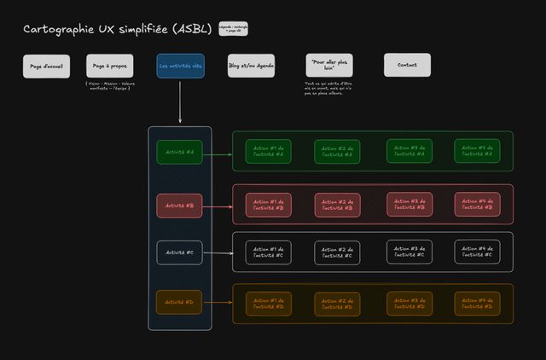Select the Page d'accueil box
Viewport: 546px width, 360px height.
pos(46,66)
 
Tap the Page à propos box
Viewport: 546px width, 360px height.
pos(109,66)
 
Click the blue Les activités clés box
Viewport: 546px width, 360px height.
pos(180,66)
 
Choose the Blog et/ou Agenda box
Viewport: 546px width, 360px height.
pos(251,66)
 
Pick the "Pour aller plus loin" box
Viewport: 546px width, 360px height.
pos(328,66)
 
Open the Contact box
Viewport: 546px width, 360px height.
pos(407,65)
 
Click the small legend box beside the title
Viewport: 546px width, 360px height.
pos(233,29)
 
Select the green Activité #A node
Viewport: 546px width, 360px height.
pos(180,152)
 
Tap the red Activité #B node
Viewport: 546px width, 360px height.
pos(180,205)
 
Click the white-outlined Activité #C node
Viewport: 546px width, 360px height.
pos(180,253)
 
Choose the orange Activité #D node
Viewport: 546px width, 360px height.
pos(180,302)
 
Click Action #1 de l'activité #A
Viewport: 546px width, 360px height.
pos(269,151)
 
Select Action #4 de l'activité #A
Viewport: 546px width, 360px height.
pos(477,151)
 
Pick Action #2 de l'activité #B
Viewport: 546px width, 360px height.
pos(338,205)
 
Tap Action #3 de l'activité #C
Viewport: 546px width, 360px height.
pos(409,252)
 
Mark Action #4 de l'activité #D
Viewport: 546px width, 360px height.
pos(477,301)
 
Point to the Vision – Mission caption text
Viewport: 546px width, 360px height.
pos(109,85)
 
